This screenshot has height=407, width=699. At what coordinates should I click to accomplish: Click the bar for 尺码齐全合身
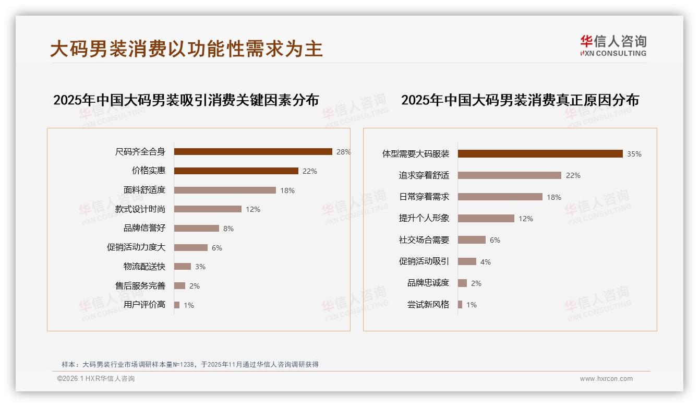253,152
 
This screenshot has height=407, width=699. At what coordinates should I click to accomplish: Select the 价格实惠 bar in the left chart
236,171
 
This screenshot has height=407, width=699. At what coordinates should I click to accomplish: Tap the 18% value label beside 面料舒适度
287,190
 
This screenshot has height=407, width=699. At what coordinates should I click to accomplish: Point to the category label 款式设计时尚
140,209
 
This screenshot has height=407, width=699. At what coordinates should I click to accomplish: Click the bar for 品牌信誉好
197,229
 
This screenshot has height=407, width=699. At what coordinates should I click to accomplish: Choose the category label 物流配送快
144,267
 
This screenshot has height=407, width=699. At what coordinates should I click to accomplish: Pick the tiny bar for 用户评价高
177,305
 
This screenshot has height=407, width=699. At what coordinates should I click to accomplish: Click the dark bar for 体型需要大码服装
540,154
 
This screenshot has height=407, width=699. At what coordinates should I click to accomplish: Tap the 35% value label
634,154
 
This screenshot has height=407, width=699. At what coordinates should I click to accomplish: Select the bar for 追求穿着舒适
510,175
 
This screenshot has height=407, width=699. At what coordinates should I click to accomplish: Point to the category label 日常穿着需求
424,197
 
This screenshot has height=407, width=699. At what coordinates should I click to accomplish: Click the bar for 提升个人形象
486,219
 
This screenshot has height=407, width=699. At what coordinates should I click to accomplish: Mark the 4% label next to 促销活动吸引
486,262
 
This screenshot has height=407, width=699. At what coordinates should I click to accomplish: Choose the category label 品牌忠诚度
428,283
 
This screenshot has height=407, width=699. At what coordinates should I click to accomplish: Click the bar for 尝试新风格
460,305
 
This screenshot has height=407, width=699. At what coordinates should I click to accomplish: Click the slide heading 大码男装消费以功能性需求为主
187,49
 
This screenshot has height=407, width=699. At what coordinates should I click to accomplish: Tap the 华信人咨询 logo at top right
613,46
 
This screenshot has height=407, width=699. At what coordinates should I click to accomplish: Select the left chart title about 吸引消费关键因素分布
186,100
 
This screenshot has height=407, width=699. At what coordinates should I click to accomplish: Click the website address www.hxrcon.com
606,379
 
